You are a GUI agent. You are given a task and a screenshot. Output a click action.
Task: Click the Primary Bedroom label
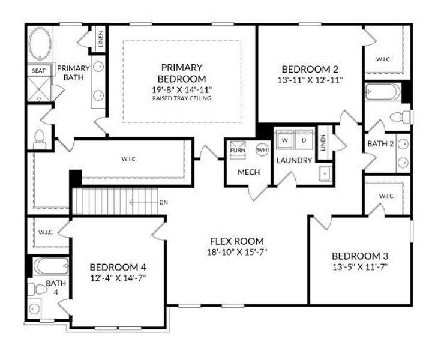[181, 73]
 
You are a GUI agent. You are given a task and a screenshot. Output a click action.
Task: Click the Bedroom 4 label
[118, 267]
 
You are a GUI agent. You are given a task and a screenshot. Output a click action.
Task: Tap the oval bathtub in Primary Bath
[41, 43]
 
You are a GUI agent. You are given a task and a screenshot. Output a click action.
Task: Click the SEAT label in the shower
[37, 71]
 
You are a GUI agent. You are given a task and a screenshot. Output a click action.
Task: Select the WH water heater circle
[262, 149]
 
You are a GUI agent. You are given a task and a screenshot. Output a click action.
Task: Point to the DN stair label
[163, 202]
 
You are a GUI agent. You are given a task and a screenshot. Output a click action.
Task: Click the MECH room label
[248, 173]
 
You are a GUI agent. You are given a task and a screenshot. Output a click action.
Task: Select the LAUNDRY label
[294, 160]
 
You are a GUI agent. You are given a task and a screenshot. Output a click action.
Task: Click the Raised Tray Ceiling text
[182, 98]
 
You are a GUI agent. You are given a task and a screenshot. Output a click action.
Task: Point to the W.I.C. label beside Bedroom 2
[383, 59]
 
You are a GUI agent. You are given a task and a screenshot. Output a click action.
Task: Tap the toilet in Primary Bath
[40, 139]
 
